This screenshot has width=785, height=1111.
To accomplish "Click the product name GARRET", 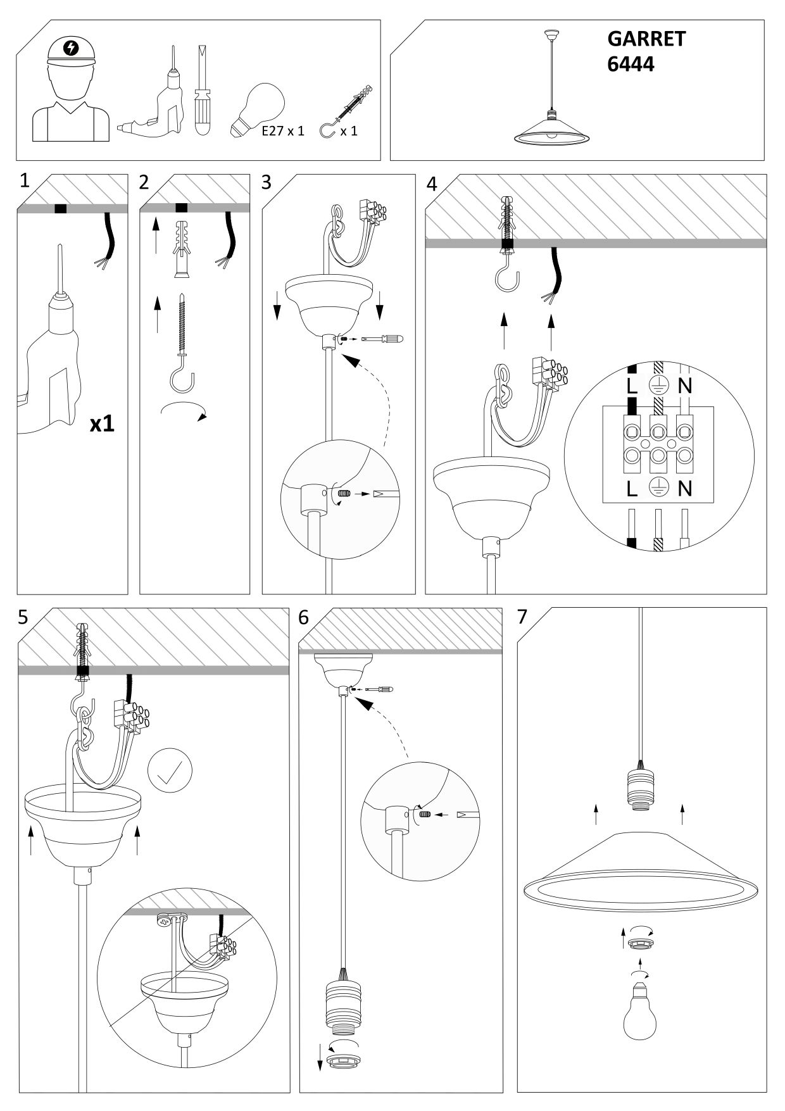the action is (646, 39).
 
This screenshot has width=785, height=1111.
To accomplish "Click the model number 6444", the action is (631, 64).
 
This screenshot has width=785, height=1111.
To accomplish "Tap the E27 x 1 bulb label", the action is (283, 131).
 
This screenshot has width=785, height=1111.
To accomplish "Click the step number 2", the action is (144, 182).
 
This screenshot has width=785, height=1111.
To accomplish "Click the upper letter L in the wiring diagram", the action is (631, 386).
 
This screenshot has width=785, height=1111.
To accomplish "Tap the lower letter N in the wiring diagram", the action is (684, 488).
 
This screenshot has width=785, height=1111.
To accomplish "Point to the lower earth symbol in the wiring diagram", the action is (658, 488).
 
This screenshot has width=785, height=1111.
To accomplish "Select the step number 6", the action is (305, 617).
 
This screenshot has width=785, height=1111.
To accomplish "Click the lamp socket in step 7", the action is (639, 788).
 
